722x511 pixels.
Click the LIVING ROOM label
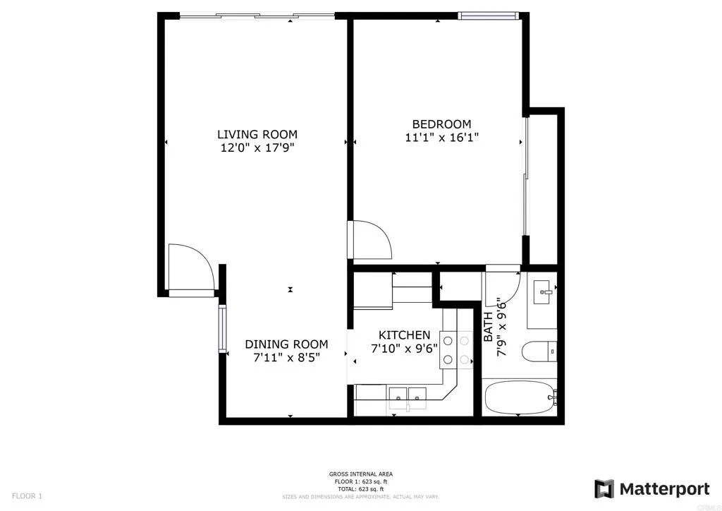[257, 134]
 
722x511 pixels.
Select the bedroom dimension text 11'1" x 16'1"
[442, 138]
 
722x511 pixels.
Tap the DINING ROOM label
[286, 344]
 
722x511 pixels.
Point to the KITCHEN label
[404, 335]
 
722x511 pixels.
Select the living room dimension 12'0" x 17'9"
[257, 148]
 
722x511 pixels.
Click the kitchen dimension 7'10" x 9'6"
[404, 348]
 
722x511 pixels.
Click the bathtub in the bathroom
[519, 399]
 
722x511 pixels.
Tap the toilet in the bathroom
[539, 350]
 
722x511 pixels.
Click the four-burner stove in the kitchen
[456, 349]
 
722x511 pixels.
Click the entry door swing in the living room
[189, 266]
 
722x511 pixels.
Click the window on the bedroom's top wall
[488, 16]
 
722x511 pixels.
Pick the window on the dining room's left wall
[223, 329]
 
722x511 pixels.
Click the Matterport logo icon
[604, 488]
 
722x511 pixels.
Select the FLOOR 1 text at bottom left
[27, 496]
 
